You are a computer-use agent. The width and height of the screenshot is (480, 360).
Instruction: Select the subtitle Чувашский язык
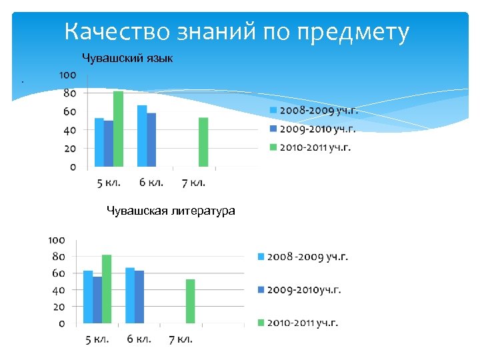(x=127, y=59)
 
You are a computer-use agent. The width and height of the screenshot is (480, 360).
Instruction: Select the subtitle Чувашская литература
(x=171, y=211)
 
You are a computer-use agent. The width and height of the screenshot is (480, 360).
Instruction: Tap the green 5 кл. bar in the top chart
(x=118, y=129)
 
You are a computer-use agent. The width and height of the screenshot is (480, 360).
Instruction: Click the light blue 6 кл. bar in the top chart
(x=142, y=136)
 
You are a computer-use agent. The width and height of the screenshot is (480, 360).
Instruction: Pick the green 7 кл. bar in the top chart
(x=203, y=142)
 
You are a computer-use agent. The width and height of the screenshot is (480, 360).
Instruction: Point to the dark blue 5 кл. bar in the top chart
(x=109, y=143)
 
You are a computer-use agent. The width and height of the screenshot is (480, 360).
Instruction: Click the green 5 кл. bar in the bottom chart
(x=107, y=289)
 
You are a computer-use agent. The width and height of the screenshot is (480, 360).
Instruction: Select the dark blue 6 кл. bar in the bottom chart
(x=139, y=297)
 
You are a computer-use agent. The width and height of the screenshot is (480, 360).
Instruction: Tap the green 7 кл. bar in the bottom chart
(x=190, y=301)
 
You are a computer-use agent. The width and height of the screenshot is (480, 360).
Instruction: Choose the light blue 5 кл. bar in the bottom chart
(x=87, y=297)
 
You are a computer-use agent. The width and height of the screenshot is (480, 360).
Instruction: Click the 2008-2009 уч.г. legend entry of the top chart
(x=313, y=110)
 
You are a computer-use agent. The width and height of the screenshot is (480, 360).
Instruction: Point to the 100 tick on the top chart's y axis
(x=67, y=75)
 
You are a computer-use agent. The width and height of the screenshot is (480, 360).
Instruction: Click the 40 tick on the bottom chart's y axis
(x=57, y=290)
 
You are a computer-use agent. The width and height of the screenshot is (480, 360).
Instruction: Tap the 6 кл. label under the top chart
(x=151, y=182)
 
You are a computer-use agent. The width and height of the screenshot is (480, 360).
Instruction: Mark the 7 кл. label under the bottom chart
(x=180, y=339)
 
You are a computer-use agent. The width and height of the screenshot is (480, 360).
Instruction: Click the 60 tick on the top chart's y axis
(x=69, y=111)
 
